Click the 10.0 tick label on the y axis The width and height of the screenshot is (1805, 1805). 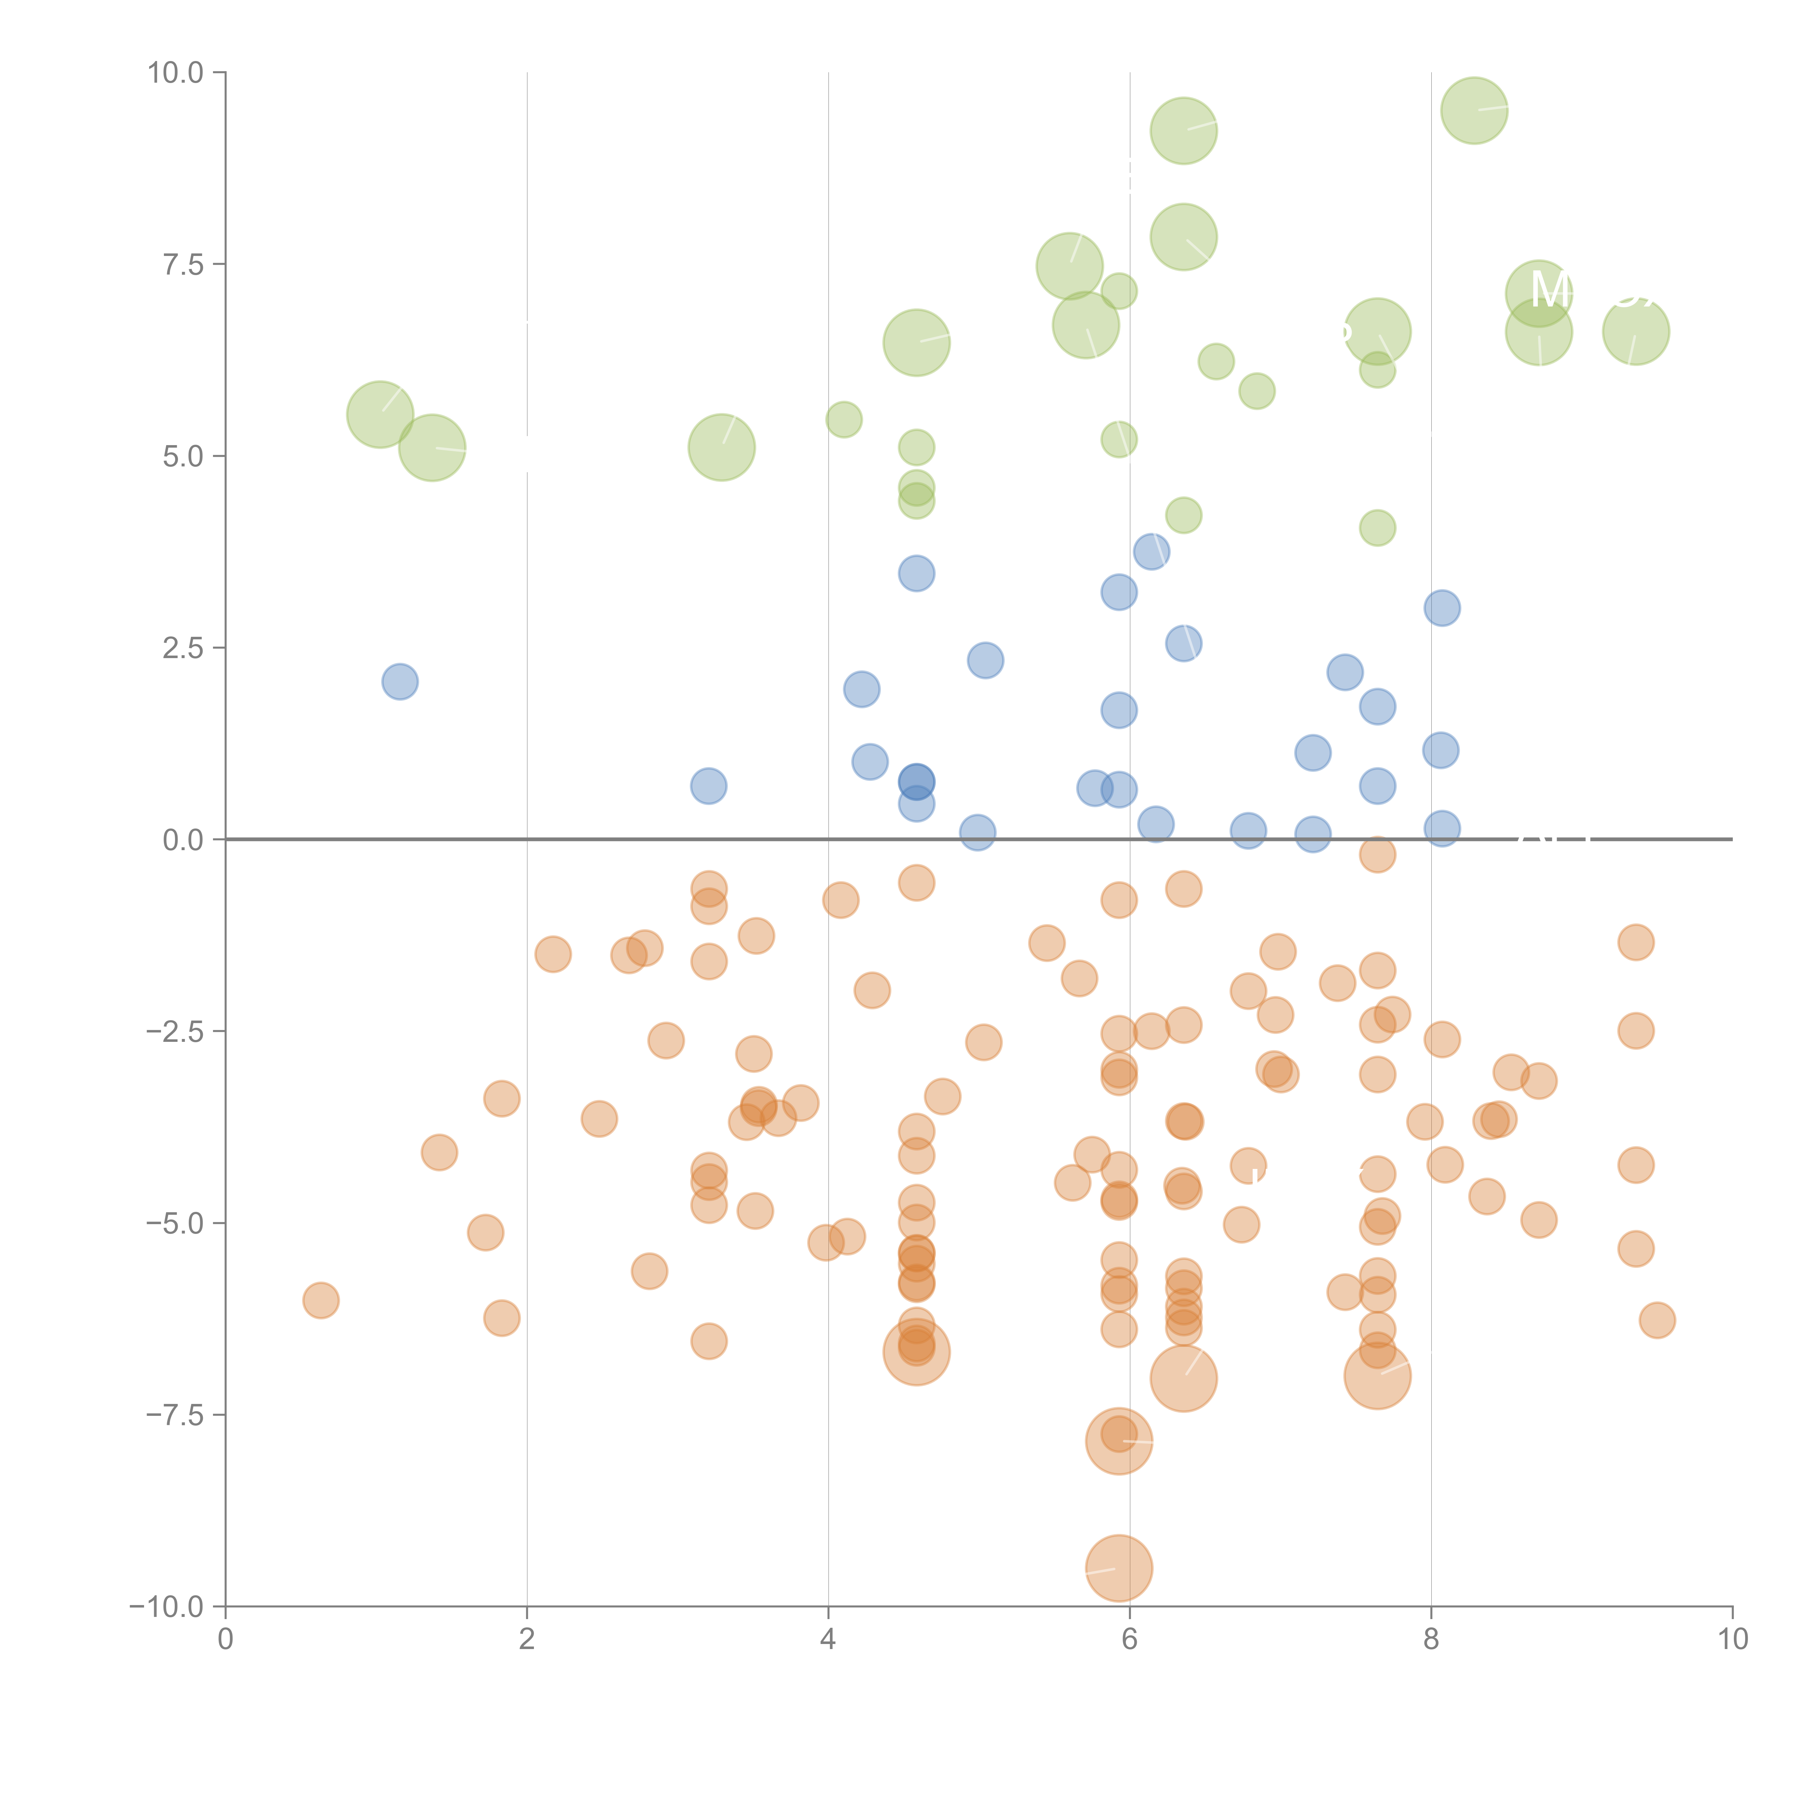(176, 73)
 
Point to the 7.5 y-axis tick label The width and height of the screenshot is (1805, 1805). (183, 264)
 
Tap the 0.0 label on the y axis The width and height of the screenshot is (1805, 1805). (183, 840)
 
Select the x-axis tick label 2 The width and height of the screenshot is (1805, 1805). (527, 1640)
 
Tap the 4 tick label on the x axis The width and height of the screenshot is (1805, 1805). (828, 1640)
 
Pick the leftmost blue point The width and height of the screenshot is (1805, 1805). (400, 682)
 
